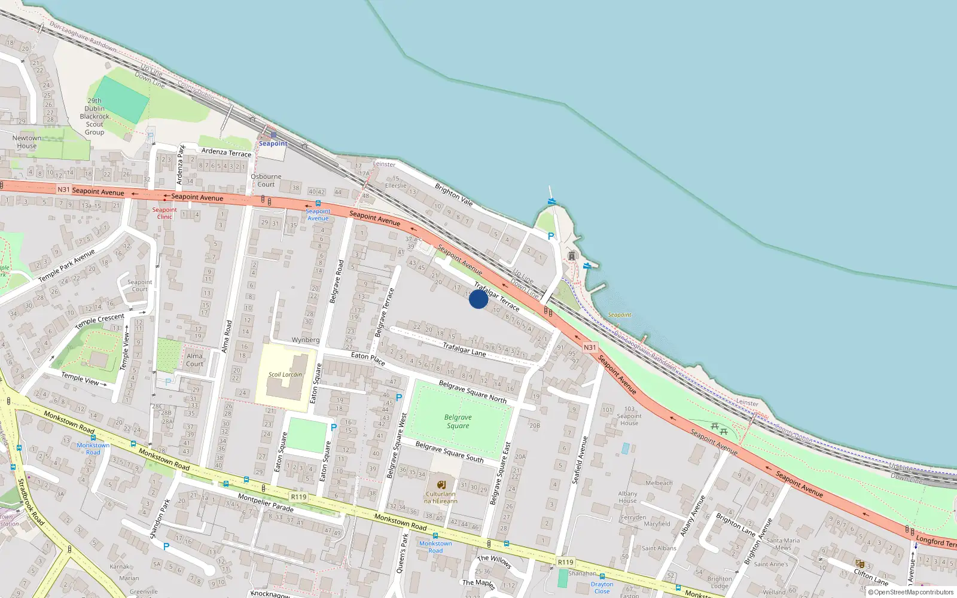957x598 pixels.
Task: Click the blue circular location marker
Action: (478, 299)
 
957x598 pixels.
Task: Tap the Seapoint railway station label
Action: (273, 144)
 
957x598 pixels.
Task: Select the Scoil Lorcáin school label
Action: (285, 375)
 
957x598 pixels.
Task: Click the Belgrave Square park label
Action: (458, 422)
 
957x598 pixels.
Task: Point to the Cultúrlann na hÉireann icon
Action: (441, 484)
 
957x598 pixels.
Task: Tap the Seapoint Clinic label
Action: (164, 213)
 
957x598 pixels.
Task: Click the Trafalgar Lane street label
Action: (464, 349)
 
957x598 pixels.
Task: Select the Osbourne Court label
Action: (266, 180)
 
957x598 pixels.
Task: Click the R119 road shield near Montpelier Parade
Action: (298, 497)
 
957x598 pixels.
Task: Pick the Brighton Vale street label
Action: (453, 194)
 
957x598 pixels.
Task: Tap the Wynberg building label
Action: (305, 340)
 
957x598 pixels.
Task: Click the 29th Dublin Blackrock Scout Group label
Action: (95, 117)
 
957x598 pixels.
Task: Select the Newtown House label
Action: (27, 142)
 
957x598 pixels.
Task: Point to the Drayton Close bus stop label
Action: (602, 588)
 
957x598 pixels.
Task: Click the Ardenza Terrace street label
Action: (226, 152)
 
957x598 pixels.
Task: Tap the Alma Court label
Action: (194, 359)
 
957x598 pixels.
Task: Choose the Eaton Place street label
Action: (368, 358)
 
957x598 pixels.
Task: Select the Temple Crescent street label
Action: (100, 321)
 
